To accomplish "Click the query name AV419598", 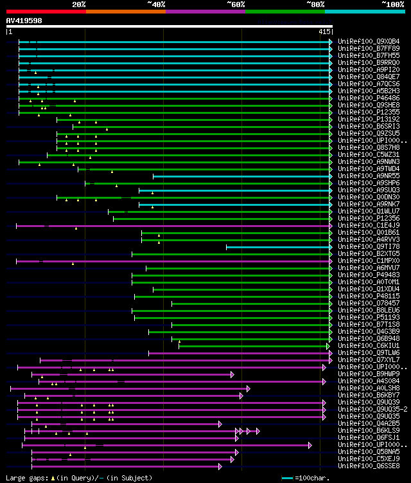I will click(24, 20).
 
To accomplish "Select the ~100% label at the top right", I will click(392, 4).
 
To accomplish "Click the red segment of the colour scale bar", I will click(46, 11).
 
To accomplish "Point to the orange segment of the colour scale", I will click(125, 11).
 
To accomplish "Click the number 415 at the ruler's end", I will click(324, 32).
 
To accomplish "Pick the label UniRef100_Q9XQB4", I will click(370, 42).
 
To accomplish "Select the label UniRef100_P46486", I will click(370, 98).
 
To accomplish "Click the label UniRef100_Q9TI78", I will click(370, 247).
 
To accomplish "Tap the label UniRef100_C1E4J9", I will click(370, 226).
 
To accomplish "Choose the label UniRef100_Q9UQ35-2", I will click(373, 410).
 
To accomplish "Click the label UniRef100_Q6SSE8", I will click(370, 466).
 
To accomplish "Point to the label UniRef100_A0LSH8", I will click(370, 388).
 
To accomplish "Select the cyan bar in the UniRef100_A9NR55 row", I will click(241, 176).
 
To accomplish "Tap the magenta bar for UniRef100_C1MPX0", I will click(173, 261).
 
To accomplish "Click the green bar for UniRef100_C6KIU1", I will click(253, 346).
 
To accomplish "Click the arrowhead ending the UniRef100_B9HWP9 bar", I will click(232, 374).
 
